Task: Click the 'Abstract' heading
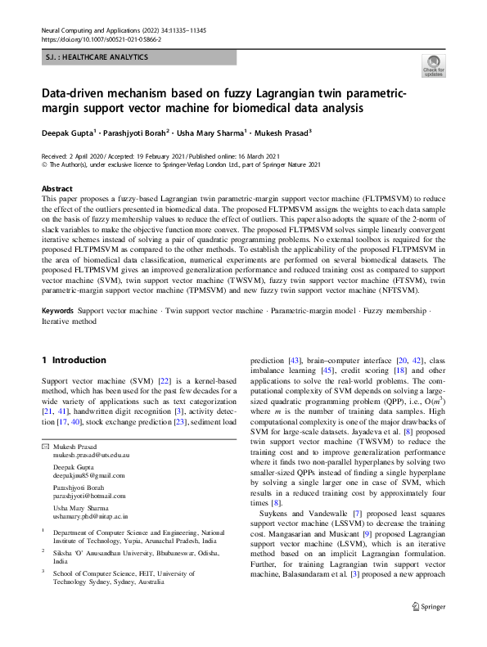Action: click(x=56, y=187)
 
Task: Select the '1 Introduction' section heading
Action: click(x=74, y=360)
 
